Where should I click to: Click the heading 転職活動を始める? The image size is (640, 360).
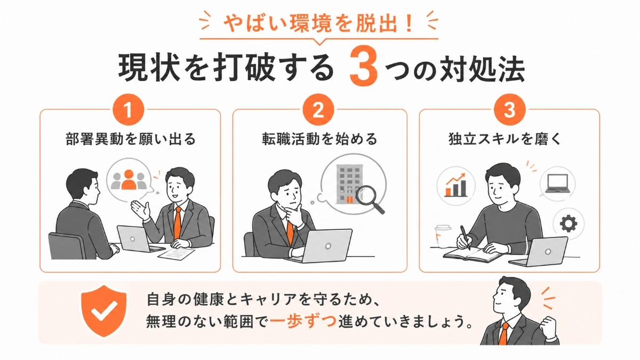click(319, 139)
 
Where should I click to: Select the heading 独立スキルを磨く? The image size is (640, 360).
click(509, 139)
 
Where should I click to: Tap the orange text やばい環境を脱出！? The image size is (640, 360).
click(319, 25)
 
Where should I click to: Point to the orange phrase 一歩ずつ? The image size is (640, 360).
click(302, 324)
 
